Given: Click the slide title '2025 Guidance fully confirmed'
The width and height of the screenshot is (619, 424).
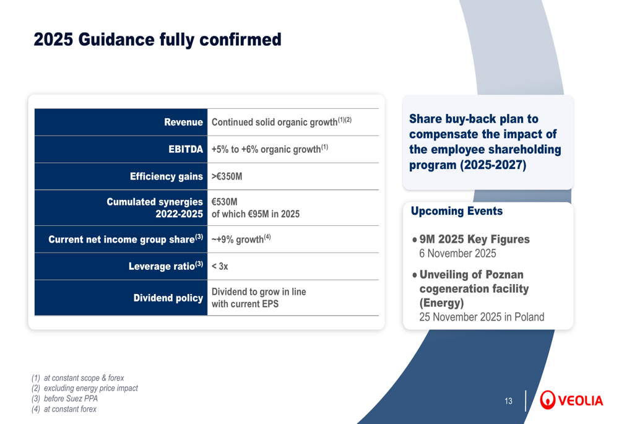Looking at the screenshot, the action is click(157, 40).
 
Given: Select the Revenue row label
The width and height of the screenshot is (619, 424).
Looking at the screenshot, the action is click(184, 122).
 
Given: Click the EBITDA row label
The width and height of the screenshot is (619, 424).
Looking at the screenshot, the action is click(186, 149).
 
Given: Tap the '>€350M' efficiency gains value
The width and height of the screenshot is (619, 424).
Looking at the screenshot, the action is click(227, 176).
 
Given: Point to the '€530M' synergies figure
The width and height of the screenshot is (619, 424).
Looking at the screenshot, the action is click(225, 202).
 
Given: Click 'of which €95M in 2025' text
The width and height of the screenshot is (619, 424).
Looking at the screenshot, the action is click(256, 214).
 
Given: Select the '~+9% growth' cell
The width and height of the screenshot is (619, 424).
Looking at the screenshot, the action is click(241, 239).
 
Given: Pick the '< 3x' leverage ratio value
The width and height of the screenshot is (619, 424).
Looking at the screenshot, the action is click(220, 266).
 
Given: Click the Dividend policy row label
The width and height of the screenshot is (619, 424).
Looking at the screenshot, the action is click(168, 298).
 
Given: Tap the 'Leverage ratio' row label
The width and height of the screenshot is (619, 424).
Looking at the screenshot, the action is click(166, 266).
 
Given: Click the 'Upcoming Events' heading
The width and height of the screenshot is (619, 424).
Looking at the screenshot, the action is click(457, 211).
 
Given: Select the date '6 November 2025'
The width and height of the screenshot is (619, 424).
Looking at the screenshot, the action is click(457, 253).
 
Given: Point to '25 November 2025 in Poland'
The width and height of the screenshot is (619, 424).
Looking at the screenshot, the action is click(482, 317).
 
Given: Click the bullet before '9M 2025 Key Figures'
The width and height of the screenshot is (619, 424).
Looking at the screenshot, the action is click(415, 240).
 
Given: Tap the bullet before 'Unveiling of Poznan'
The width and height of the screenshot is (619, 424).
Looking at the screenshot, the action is click(415, 275).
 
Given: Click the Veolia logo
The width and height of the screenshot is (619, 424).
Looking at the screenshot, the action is click(571, 400).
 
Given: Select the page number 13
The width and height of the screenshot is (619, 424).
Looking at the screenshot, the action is click(508, 401).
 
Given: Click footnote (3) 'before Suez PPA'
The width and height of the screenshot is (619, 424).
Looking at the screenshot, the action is click(64, 399).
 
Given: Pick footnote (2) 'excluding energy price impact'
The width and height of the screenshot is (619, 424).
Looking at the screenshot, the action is click(84, 388).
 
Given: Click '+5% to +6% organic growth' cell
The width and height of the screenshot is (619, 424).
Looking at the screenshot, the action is click(270, 149).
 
